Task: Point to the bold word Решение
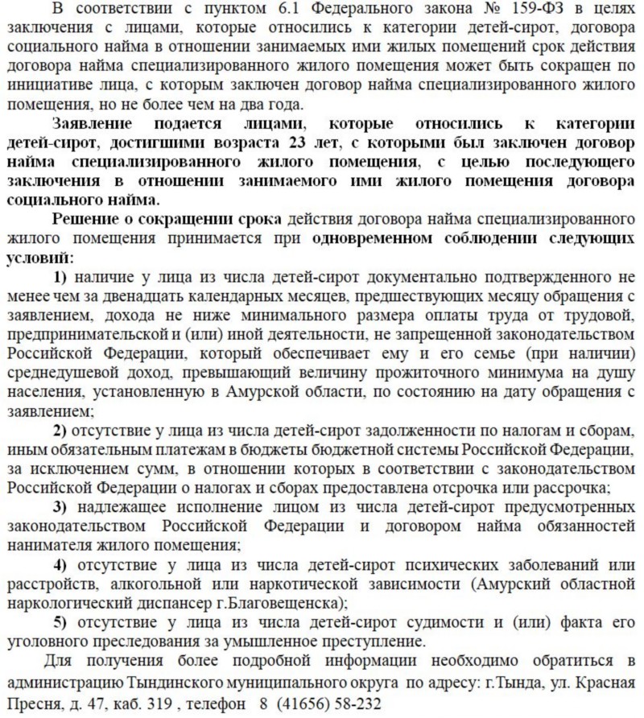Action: (85, 220)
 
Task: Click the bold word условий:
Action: (39, 258)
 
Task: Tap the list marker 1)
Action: (62, 278)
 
